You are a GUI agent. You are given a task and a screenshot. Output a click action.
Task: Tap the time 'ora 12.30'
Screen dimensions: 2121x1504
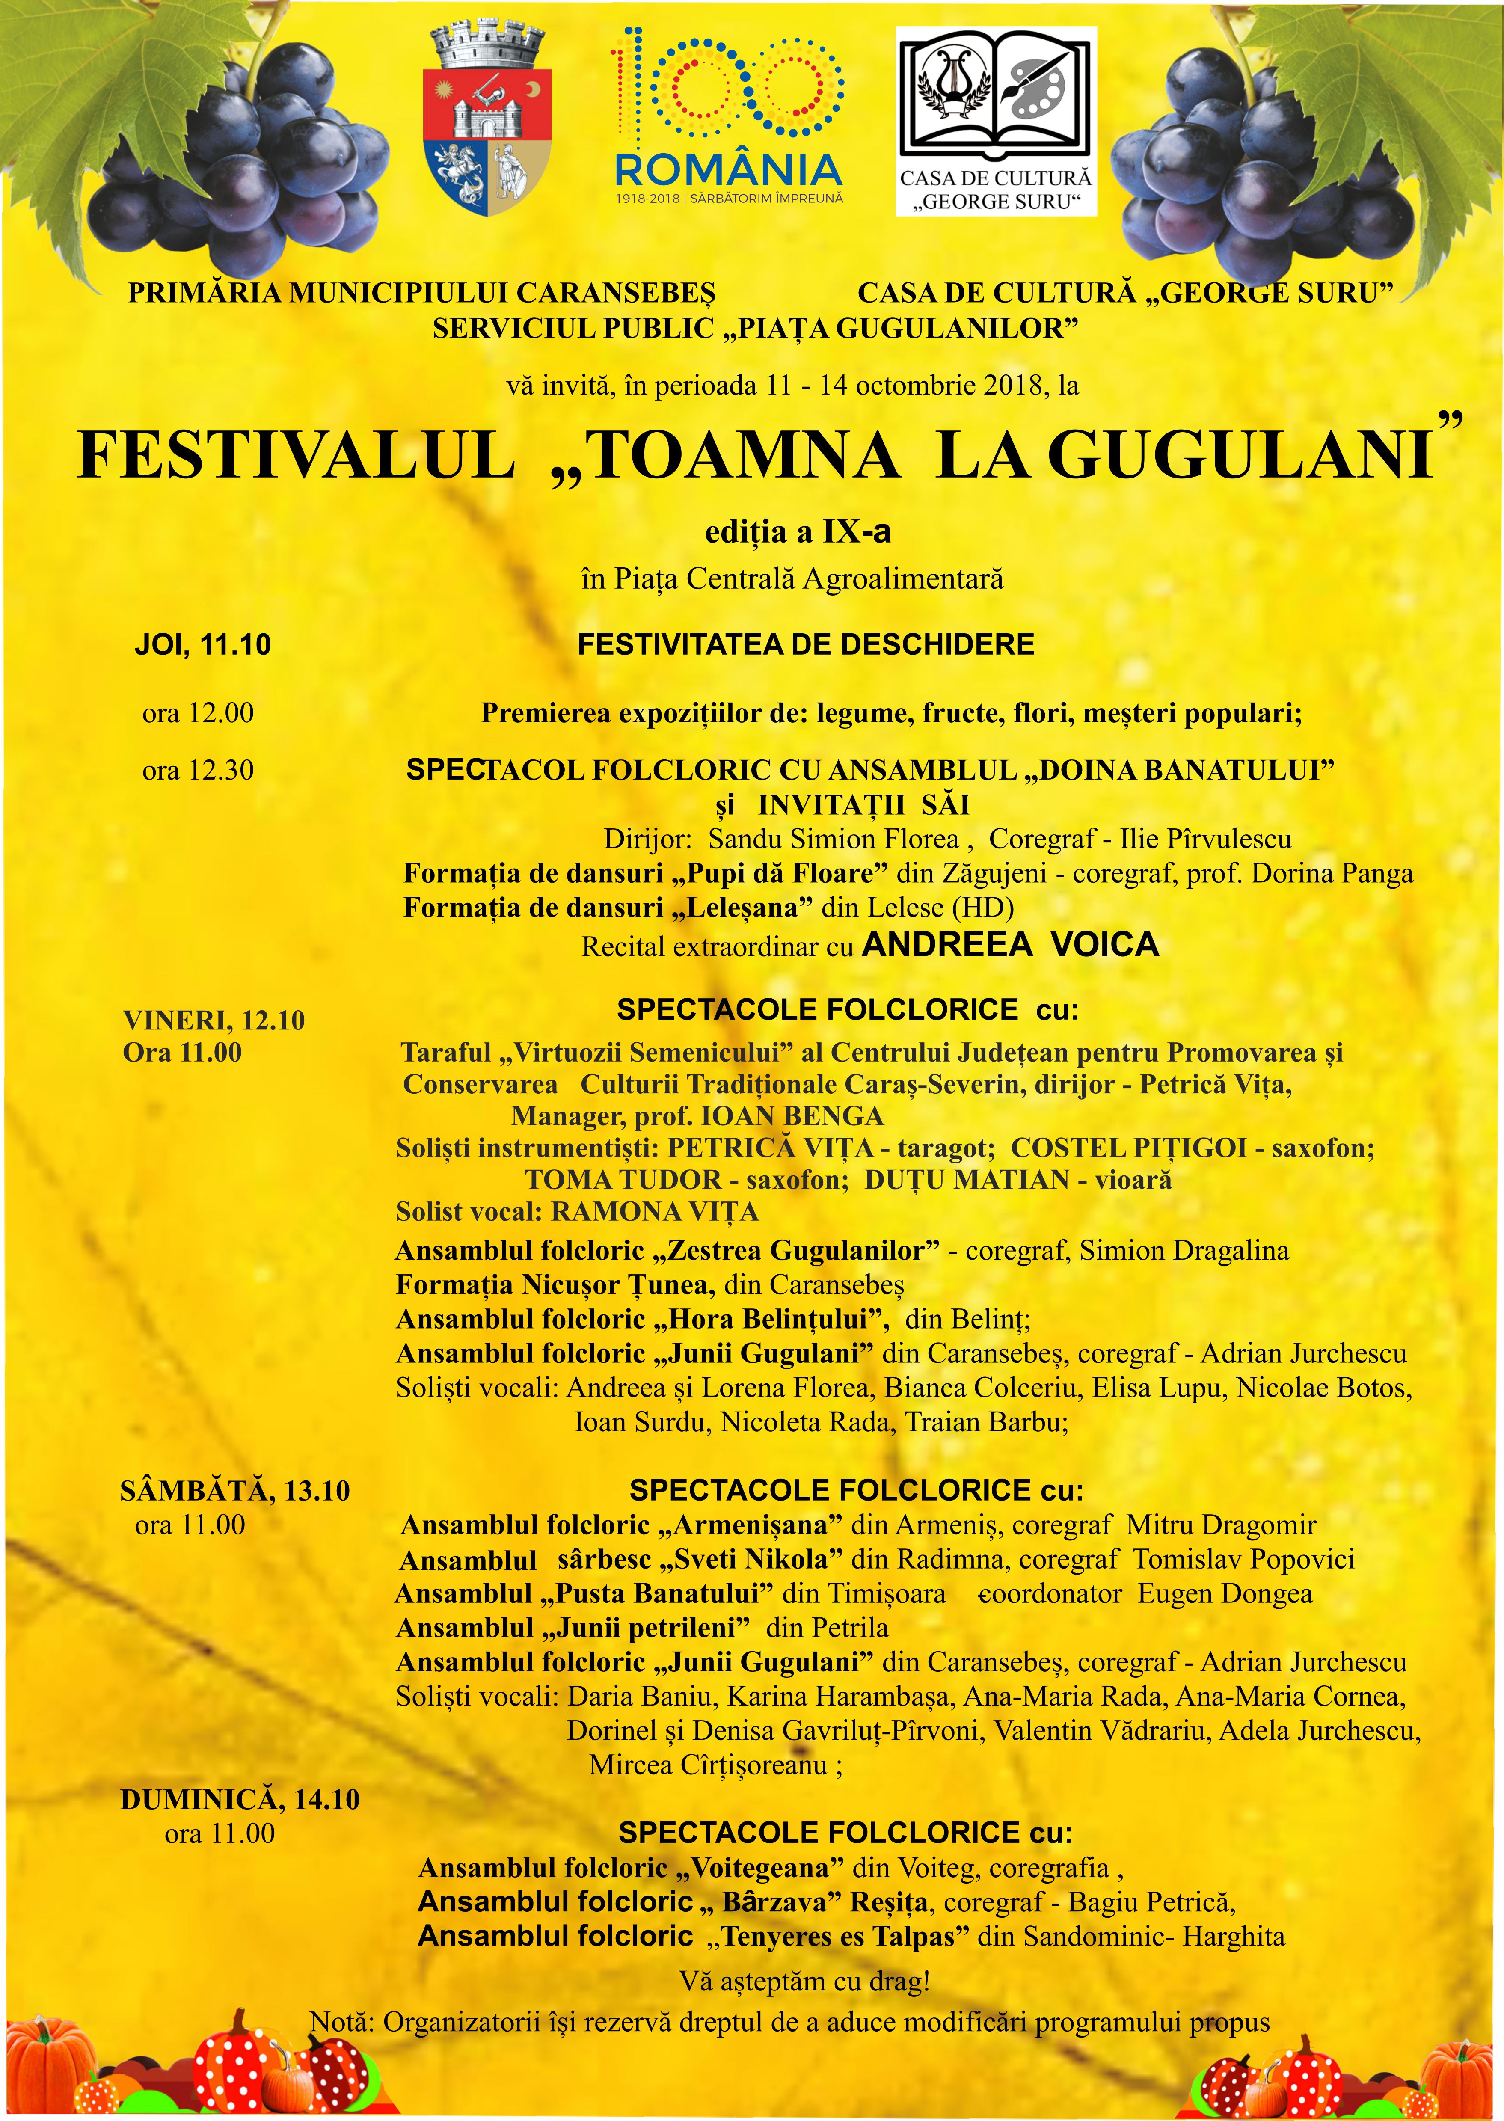[198, 771]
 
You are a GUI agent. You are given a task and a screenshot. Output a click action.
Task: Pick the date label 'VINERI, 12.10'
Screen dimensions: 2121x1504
[214, 1020]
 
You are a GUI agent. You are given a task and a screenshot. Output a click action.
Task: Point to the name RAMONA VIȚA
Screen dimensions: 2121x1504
[655, 1211]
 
